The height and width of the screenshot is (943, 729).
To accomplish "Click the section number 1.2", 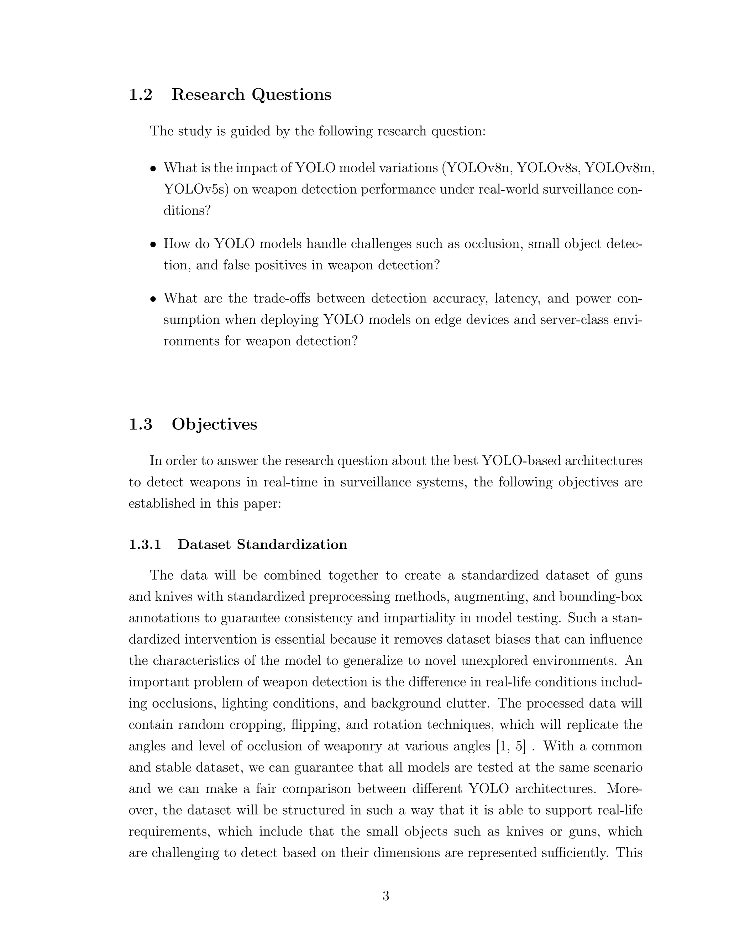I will [141, 95].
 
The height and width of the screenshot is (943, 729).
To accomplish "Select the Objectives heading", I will [214, 425].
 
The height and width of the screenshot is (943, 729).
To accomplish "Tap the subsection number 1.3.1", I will [145, 544].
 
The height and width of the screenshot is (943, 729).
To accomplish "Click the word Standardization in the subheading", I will [292, 544].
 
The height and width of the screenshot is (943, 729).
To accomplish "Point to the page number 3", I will [386, 896].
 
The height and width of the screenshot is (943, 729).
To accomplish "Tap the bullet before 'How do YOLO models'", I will [152, 245].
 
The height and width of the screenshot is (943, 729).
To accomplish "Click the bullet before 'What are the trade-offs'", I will [152, 299].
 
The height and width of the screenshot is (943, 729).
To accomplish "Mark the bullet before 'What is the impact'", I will [152, 169].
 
